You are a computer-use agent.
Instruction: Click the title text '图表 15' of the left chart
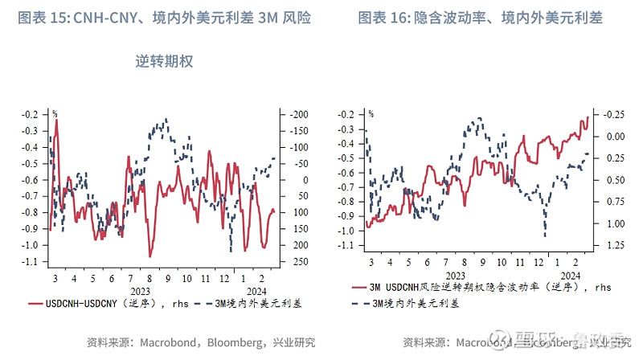click(x=42, y=18)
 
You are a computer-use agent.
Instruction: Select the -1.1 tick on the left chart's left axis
click(x=33, y=262)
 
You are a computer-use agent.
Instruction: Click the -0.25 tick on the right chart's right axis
click(x=612, y=114)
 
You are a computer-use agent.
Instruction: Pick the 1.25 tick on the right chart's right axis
click(x=612, y=245)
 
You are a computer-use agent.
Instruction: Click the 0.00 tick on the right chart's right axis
click(x=612, y=137)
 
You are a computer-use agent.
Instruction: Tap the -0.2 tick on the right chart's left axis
click(x=348, y=114)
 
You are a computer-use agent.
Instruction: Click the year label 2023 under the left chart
click(x=140, y=291)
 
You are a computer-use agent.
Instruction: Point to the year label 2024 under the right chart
click(x=570, y=276)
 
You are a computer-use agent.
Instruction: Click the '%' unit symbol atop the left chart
click(x=55, y=114)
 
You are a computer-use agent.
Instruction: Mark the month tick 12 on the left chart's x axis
click(x=227, y=277)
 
